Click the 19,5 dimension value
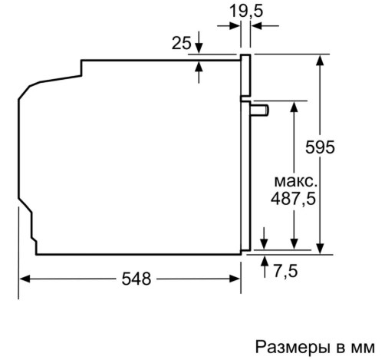pos(246,12)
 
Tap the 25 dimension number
pos(181,43)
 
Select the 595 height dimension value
pos(320,147)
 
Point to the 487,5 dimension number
pos(293,199)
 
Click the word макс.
pos(296,181)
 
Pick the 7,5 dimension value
pos(286,271)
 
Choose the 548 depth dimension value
pos(137,279)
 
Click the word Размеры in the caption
pos(292,348)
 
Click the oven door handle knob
pos(260,111)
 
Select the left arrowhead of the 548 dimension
pos(25,279)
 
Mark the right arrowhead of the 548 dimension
pos(235,279)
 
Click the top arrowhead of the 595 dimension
pos(320,60)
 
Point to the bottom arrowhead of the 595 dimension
pos(320,249)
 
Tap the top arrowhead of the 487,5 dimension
pos(295,106)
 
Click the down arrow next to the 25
pos(199,42)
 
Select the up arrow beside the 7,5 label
pos(265,266)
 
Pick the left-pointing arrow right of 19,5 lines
pos(265,25)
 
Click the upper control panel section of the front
pos(245,75)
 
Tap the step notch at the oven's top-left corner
pos(81,68)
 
